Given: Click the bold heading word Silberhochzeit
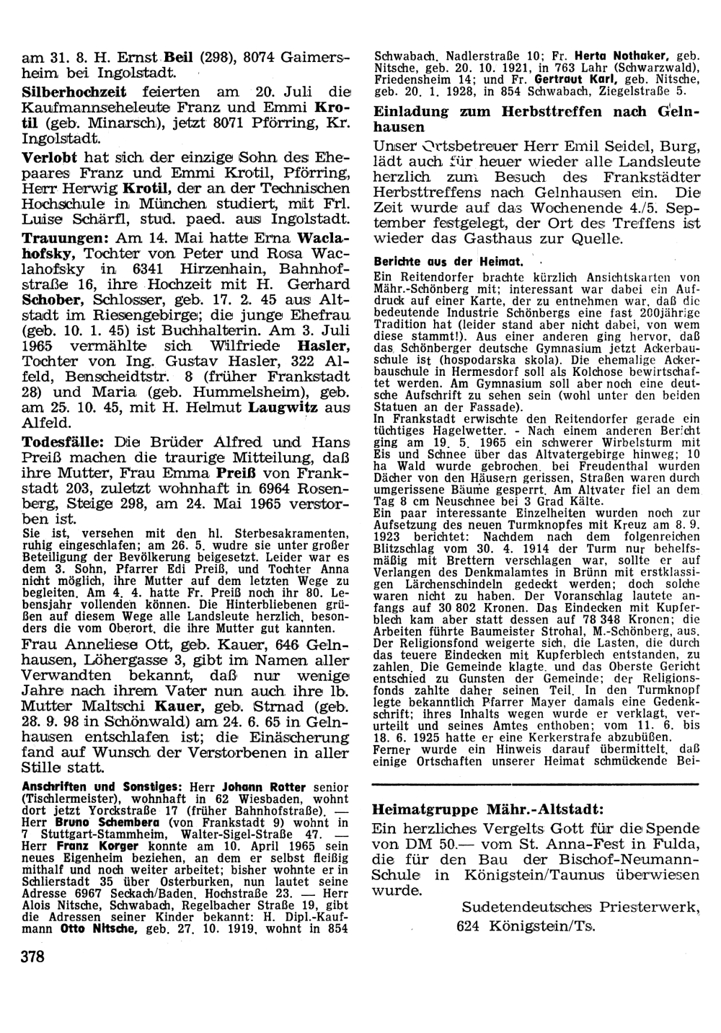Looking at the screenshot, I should (x=74, y=92).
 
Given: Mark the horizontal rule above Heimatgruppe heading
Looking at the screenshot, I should (x=534, y=783).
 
